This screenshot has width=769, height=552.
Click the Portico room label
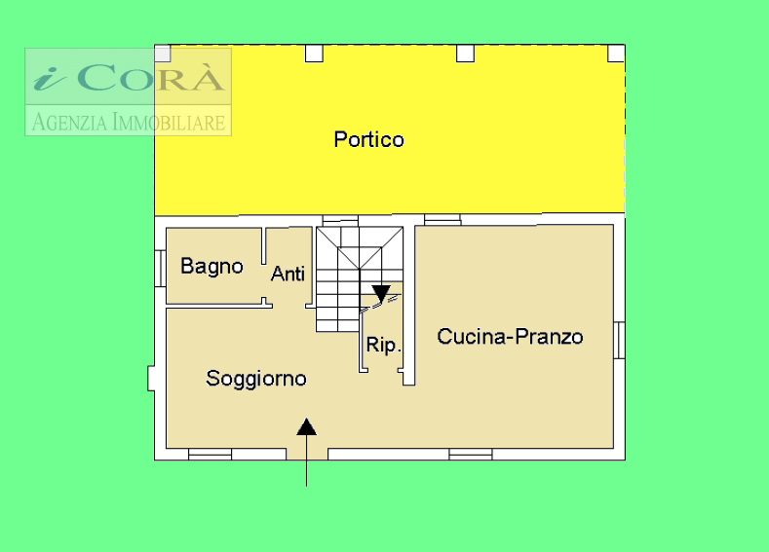click(368, 139)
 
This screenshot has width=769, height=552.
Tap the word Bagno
click(211, 267)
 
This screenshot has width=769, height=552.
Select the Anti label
click(288, 274)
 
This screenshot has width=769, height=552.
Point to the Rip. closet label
click(383, 345)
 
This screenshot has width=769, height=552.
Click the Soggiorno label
click(256, 379)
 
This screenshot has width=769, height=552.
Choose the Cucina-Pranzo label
click(510, 337)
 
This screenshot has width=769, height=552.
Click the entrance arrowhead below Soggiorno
click(306, 426)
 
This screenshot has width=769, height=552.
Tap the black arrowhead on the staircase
click(381, 294)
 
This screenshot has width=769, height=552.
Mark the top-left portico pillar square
click(163, 54)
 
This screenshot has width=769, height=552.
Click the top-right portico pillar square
click(616, 54)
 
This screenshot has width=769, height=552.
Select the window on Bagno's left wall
click(160, 269)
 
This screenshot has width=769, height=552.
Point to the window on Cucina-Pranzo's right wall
click(620, 340)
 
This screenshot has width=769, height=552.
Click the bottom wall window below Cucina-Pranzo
click(471, 455)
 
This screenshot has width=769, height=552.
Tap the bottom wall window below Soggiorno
click(210, 455)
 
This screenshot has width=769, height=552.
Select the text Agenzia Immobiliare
click(129, 122)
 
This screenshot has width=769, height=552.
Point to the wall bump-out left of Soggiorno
click(151, 379)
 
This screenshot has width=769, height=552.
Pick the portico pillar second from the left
click(315, 54)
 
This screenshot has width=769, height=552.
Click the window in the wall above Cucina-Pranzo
click(442, 219)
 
